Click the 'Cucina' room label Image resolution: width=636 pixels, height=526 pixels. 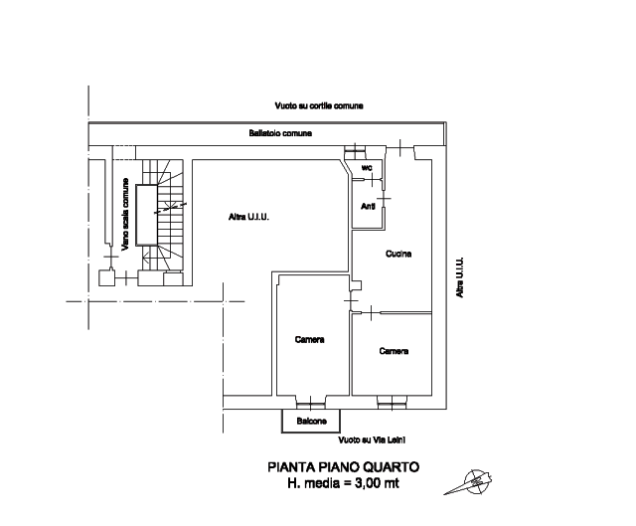[398, 254]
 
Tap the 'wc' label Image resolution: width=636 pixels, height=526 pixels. [367, 168]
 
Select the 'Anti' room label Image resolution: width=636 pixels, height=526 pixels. [368, 206]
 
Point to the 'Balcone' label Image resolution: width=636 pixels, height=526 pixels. [311, 421]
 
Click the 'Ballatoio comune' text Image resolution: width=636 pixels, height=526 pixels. [280, 133]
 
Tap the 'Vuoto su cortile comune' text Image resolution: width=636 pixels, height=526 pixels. [319, 106]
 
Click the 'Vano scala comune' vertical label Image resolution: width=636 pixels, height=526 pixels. [125, 214]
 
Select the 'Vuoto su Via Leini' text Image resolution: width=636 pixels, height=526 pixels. [372, 439]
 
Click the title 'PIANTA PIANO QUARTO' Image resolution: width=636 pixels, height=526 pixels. [343, 467]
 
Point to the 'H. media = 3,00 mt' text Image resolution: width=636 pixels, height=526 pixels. [343, 483]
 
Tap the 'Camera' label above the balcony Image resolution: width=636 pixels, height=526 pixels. [309, 339]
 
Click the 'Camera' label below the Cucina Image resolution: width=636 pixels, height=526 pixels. [394, 351]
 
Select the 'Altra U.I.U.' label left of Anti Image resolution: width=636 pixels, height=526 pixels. [248, 217]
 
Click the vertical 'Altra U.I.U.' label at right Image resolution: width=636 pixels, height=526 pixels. [459, 277]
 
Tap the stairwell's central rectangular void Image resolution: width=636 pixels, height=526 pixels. [146, 215]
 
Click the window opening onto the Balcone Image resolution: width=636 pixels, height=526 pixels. [311, 403]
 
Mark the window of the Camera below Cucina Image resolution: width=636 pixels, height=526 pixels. [392, 403]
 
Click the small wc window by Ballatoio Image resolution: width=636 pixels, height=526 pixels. [355, 151]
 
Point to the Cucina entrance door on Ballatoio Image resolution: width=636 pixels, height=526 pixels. [399, 149]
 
